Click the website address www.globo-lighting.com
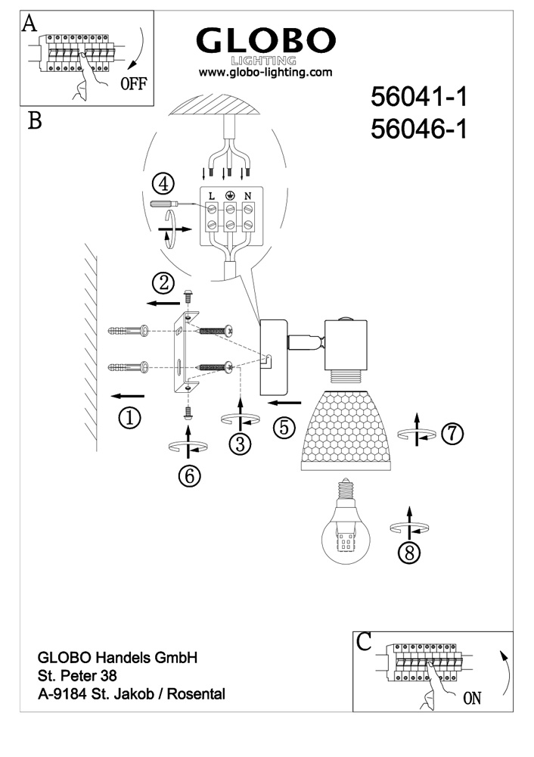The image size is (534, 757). (x=265, y=73)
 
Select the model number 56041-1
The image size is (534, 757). (x=418, y=98)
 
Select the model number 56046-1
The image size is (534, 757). (x=418, y=130)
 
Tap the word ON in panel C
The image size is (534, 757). (x=471, y=698)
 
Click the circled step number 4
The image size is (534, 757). (x=163, y=184)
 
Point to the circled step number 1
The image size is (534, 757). (x=130, y=417)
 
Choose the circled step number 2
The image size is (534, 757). (x=163, y=284)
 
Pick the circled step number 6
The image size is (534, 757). (x=189, y=475)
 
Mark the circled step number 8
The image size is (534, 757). (x=408, y=553)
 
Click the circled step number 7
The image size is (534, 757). (x=451, y=433)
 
